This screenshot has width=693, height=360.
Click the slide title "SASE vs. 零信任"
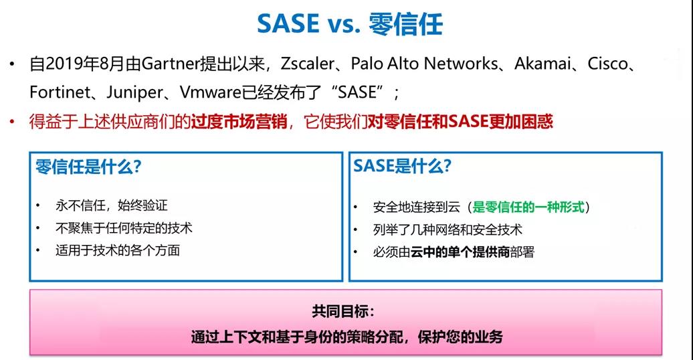350,24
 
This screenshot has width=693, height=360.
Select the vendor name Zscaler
308,64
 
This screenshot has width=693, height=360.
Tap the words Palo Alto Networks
424,64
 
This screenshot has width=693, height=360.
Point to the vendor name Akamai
542,64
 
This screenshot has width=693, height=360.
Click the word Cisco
607,64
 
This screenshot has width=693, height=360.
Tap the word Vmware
210,92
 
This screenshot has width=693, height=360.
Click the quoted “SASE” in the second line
357,92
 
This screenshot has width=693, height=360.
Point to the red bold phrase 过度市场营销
239,121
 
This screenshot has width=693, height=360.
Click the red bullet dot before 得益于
12,121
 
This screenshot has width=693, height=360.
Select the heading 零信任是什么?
88,167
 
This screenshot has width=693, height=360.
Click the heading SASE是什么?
402,166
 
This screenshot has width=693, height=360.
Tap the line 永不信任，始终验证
111,205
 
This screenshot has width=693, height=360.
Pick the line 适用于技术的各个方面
118,250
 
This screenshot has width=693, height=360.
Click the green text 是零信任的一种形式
528,207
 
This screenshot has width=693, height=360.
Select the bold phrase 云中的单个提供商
460,252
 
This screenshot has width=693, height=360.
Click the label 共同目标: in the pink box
343,311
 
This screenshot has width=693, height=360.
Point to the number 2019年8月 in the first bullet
86,64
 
